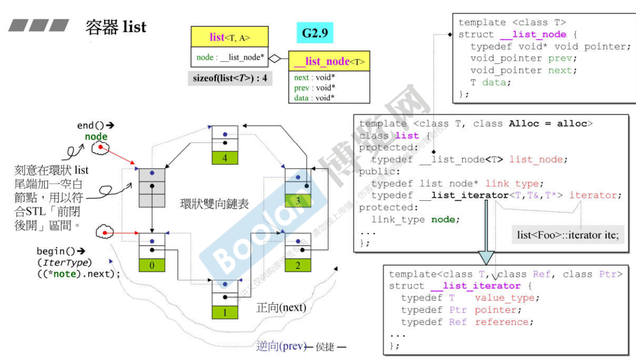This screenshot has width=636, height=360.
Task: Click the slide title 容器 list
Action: tap(116, 26)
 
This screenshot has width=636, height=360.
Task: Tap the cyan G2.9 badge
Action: tap(314, 33)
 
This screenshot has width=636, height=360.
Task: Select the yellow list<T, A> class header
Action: tap(230, 37)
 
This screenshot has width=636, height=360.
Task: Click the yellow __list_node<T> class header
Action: tap(329, 62)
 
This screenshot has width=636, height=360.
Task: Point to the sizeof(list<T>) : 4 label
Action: tap(230, 79)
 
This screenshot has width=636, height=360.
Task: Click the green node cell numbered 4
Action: tap(225, 158)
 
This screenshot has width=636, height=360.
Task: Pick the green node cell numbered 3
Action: tap(298, 201)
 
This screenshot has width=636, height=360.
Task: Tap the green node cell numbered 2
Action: tap(297, 265)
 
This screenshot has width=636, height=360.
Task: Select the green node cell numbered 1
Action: tap(225, 312)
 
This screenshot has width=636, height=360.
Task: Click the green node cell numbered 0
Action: tap(152, 265)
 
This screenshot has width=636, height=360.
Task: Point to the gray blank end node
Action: tap(152, 188)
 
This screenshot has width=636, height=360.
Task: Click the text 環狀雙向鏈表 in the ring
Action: tap(214, 204)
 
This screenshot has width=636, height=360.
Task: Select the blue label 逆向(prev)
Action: tap(281, 346)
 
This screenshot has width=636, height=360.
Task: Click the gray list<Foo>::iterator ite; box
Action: tap(568, 235)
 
